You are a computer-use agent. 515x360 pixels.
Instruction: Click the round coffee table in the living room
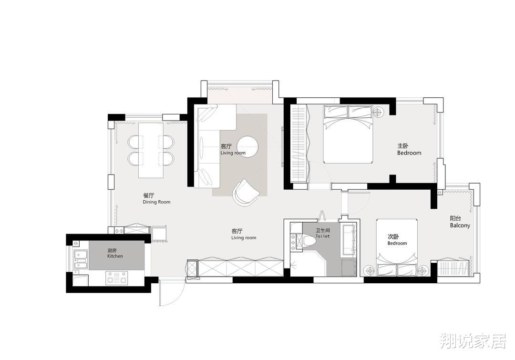pos(249,145)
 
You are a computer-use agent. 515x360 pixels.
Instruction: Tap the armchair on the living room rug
pos(245,193)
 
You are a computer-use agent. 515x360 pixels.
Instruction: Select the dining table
pos(151,150)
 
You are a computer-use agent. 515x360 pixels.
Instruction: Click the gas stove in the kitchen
pos(117,278)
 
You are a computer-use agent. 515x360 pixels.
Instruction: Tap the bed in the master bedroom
pos(348,134)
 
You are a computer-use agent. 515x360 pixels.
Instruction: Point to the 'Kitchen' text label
pos(115,256)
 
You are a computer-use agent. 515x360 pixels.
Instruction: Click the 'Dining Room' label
pos(157,202)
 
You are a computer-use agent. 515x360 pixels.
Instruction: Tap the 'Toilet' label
pos(322,236)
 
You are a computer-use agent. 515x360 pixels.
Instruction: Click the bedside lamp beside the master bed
pos(378,113)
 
